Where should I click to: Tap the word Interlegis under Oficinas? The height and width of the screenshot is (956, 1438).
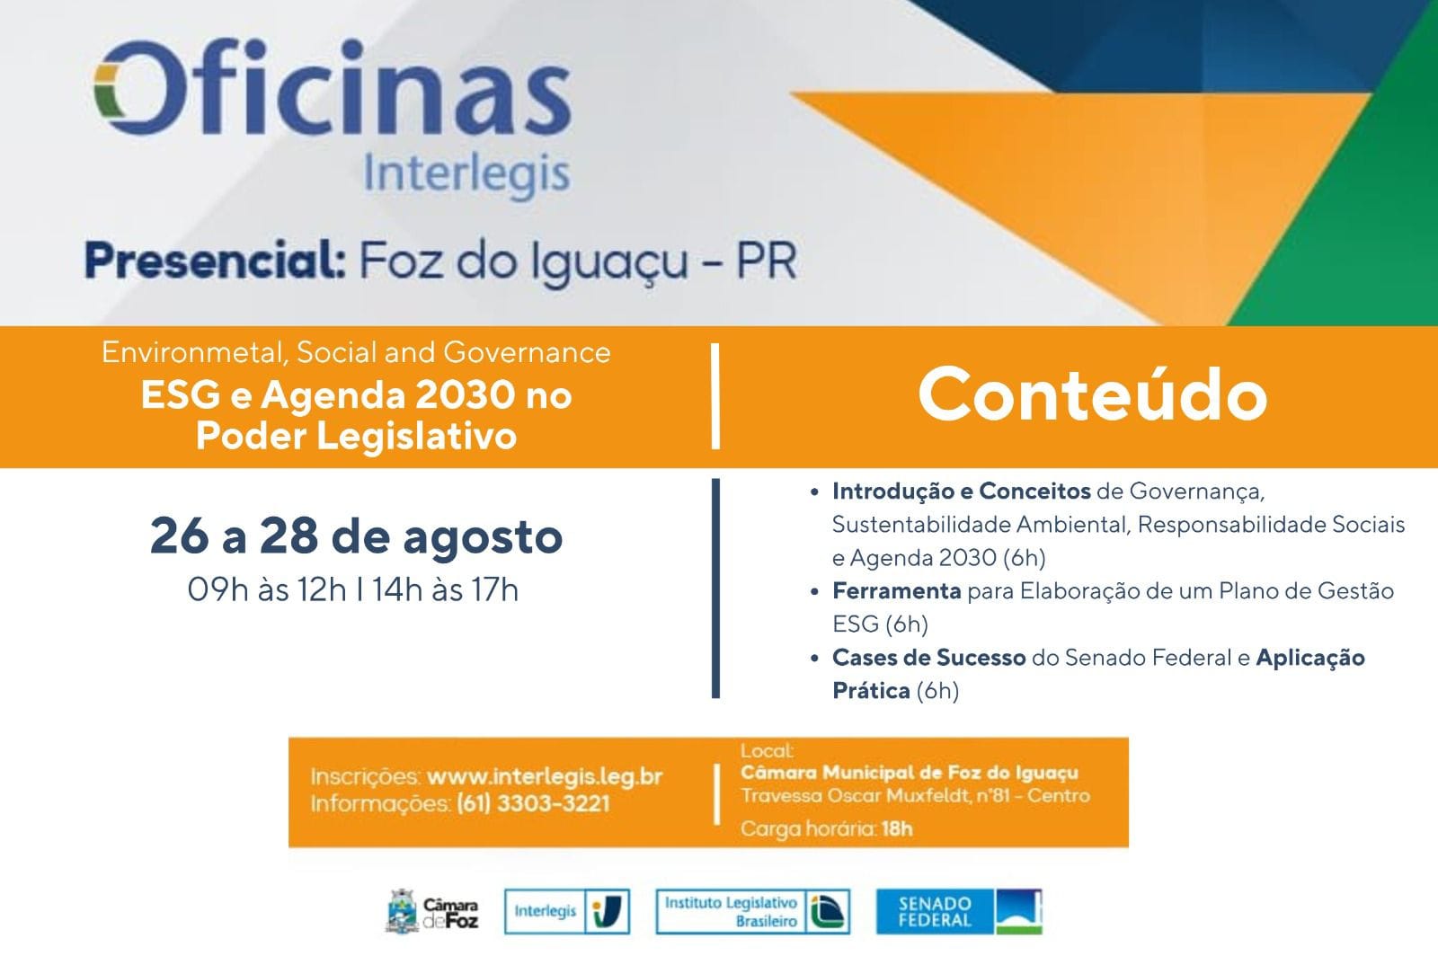pyautogui.click(x=466, y=174)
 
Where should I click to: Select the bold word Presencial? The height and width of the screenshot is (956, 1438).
pyautogui.click(x=216, y=261)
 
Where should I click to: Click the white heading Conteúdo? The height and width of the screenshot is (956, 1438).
pyautogui.click(x=1092, y=393)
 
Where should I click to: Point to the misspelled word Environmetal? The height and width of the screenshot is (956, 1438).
pyautogui.click(x=192, y=353)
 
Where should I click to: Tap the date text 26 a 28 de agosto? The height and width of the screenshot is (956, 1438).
pyautogui.click(x=356, y=536)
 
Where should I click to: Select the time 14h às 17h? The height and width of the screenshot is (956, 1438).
pyautogui.click(x=446, y=589)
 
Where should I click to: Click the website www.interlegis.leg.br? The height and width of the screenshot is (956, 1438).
pyautogui.click(x=545, y=776)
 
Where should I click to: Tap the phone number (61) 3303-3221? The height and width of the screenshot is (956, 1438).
pyautogui.click(x=533, y=803)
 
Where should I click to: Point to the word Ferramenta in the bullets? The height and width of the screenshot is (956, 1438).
pyautogui.click(x=896, y=590)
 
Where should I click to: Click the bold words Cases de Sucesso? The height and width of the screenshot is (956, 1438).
pyautogui.click(x=929, y=657)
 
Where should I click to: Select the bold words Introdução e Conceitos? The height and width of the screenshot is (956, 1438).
pyautogui.click(x=962, y=491)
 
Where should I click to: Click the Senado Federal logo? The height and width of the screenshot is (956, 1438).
pyautogui.click(x=959, y=911)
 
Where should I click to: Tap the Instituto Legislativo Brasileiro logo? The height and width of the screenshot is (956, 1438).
pyautogui.click(x=752, y=911)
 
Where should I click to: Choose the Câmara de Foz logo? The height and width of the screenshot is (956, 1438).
pyautogui.click(x=432, y=911)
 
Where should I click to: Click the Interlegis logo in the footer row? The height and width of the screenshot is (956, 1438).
pyautogui.click(x=567, y=911)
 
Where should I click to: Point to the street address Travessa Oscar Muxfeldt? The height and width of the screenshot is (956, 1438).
pyautogui.click(x=856, y=795)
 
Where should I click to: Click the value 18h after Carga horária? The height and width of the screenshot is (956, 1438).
pyautogui.click(x=897, y=829)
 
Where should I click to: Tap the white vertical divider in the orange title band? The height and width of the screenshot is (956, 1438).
pyautogui.click(x=715, y=396)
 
